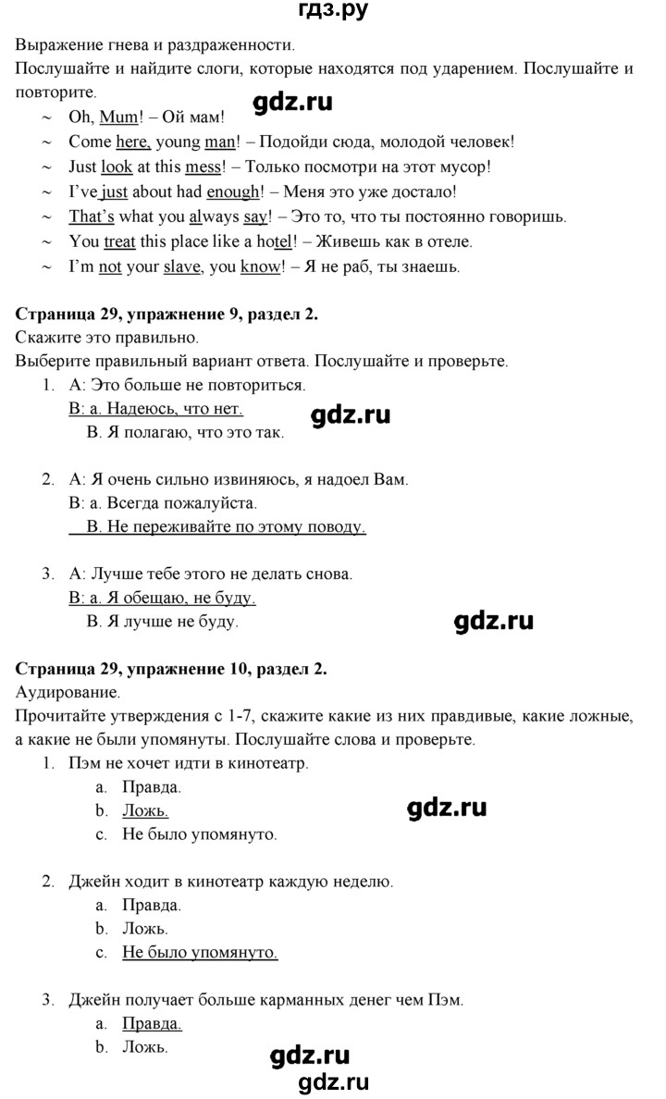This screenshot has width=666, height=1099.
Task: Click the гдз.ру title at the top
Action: [x=332, y=13]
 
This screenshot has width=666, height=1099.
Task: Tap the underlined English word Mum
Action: [x=117, y=117]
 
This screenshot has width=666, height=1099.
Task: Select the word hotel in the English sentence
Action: [x=274, y=242]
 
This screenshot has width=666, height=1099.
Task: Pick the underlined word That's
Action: [x=92, y=217]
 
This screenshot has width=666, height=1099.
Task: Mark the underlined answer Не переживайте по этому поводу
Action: [x=226, y=526]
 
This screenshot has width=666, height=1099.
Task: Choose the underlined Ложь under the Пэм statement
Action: [x=145, y=810]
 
